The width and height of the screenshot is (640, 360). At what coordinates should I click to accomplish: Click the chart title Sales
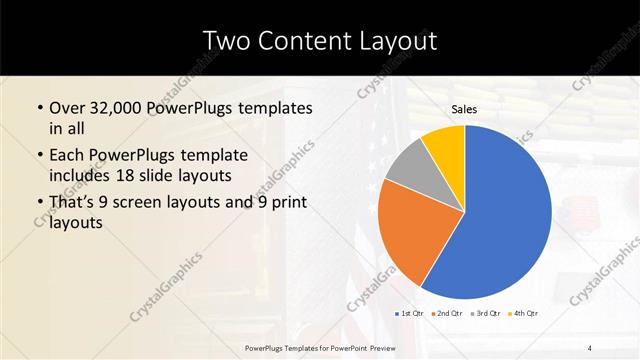[x=465, y=109]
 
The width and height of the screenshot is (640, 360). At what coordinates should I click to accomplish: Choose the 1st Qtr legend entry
[x=410, y=315]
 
